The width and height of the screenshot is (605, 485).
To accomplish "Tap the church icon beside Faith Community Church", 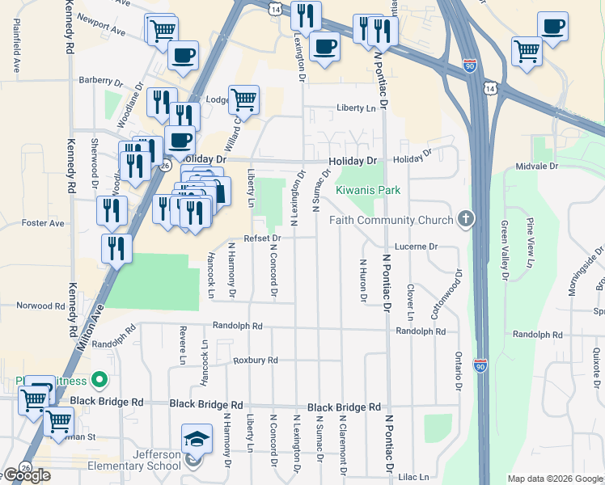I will point(465,218).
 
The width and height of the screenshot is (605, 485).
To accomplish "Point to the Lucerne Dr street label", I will point(416,246).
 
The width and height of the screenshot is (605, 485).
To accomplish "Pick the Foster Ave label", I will point(43,222).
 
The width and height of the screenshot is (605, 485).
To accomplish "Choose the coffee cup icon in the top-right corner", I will point(553,27).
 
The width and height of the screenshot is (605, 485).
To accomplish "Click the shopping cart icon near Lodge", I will point(243,100).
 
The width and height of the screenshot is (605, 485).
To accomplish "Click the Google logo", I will point(26,474).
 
